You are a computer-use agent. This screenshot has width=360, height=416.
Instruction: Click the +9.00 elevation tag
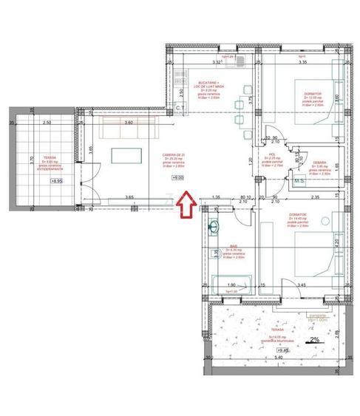178,178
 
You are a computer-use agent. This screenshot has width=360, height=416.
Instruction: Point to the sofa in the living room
126,130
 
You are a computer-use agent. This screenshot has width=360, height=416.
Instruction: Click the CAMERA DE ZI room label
175,155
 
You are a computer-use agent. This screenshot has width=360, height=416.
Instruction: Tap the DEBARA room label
319,161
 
